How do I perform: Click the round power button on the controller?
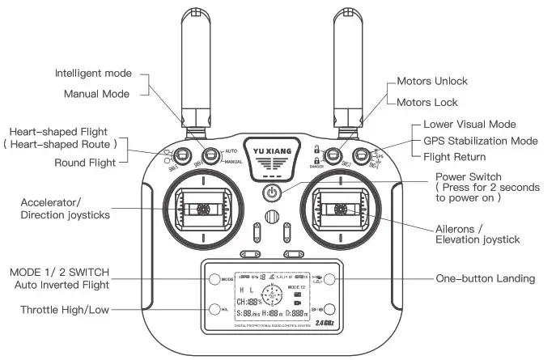[x=273, y=193]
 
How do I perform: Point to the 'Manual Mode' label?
[x=97, y=94]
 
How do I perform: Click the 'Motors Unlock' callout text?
[x=432, y=82]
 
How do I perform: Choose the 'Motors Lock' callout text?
[x=427, y=103]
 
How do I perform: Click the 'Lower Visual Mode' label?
[x=469, y=125]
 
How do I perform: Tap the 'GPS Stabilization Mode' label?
[x=481, y=141]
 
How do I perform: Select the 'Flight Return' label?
[x=455, y=157]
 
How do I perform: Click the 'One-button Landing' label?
[x=486, y=278]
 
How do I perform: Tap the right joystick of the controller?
[x=341, y=210]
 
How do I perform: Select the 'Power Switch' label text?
[x=469, y=176]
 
